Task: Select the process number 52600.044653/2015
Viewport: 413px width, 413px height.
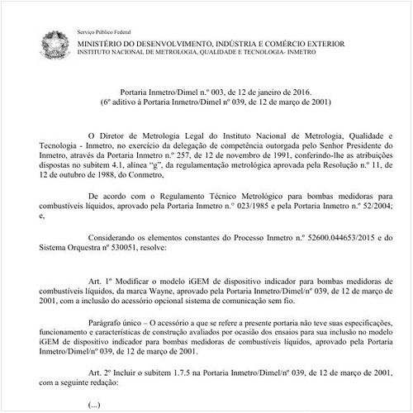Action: (311, 236)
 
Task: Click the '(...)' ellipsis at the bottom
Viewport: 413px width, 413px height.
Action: (93, 405)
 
